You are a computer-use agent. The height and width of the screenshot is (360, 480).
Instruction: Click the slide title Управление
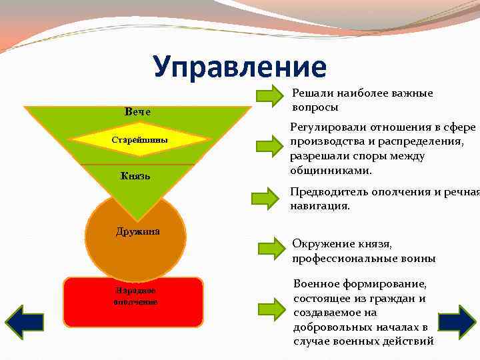pos(240,67)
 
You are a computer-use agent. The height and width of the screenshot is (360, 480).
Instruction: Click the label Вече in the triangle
pos(137,111)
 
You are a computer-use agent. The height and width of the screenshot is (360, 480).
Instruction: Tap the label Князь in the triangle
pos(135,176)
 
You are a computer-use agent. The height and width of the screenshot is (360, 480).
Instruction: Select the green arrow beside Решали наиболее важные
pos(270,95)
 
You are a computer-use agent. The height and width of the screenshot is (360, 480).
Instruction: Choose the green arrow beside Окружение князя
pos(272,247)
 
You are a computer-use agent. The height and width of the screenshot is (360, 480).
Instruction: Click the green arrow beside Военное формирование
pos(272,308)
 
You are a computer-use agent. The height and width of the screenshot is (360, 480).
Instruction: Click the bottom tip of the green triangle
pos(138,219)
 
